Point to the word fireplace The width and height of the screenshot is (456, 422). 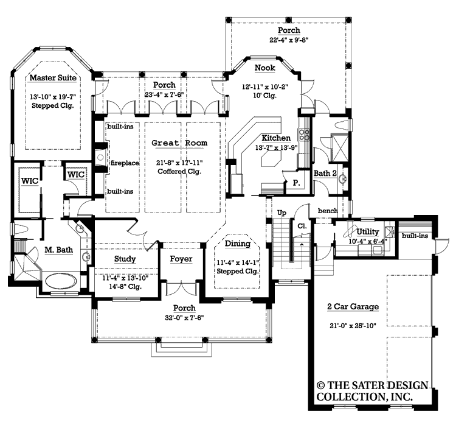tap(125, 164)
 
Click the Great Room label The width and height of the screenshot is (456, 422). tap(179, 143)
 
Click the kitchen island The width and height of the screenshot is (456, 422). tap(269, 160)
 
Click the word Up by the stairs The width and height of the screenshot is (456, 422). tap(281, 213)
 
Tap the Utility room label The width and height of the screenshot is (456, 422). tap(368, 232)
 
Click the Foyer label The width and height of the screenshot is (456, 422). tap(181, 259)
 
